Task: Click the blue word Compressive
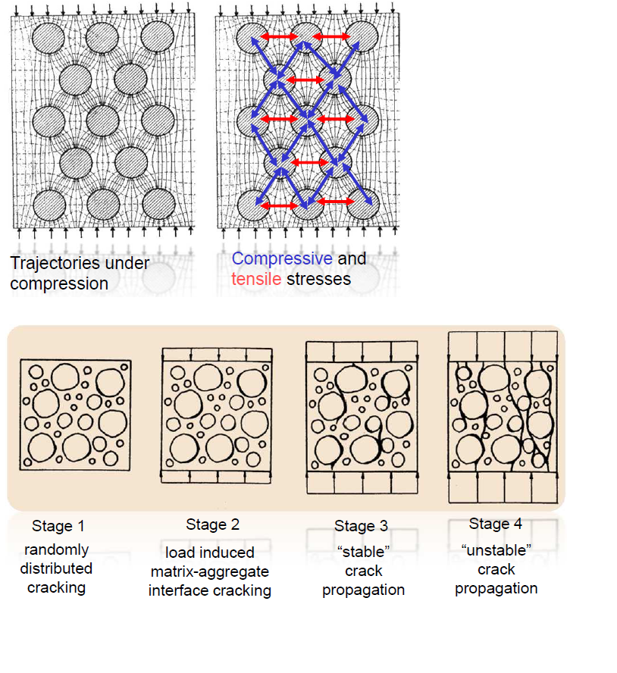(282, 259)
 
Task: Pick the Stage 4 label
(496, 524)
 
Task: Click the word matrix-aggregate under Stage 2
(210, 571)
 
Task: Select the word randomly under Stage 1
(57, 549)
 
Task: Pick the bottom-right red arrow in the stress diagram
(334, 201)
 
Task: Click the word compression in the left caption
(59, 284)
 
